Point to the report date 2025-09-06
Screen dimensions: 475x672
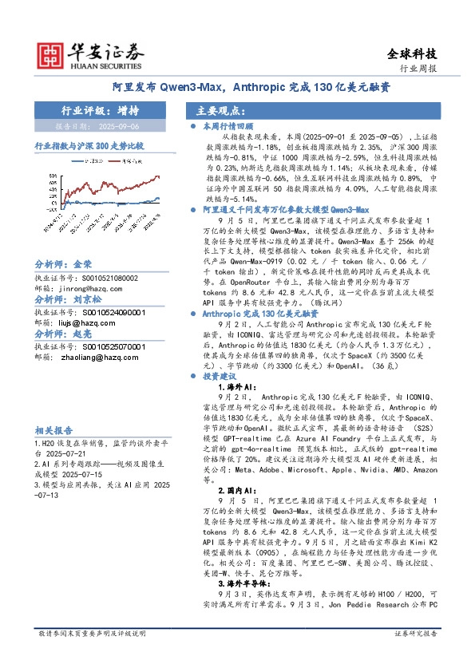(123, 126)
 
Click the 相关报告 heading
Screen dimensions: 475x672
(55, 429)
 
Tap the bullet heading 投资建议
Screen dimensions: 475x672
(219, 374)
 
